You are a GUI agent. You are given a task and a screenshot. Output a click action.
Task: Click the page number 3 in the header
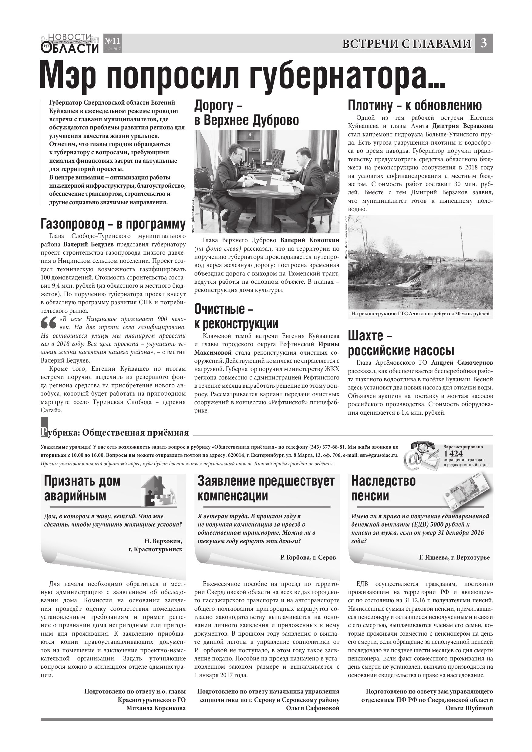483,43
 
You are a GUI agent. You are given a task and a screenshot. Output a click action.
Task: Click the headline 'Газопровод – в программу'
113,224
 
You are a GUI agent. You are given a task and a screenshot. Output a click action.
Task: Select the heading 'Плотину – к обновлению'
415,105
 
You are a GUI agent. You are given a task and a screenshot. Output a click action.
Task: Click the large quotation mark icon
48,323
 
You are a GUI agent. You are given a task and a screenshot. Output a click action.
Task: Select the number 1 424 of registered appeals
453,454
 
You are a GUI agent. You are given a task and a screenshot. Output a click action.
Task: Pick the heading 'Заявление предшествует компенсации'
266,488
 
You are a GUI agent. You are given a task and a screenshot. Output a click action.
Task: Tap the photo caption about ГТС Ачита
420,314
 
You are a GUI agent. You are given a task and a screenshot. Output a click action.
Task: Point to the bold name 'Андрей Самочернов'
462,363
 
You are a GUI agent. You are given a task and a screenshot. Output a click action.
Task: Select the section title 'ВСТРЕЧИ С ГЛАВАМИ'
406,44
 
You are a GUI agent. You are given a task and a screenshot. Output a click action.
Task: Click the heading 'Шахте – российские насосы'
401,343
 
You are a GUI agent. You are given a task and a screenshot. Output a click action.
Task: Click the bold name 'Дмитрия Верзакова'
462,126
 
